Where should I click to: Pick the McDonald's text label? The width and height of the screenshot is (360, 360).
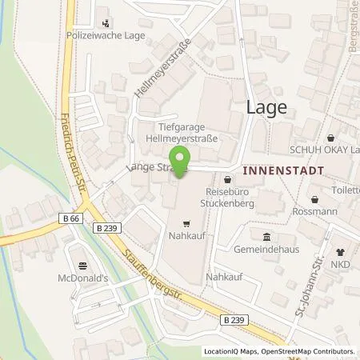(82, 280)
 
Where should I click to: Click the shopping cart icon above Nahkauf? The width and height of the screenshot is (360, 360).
(186, 223)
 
